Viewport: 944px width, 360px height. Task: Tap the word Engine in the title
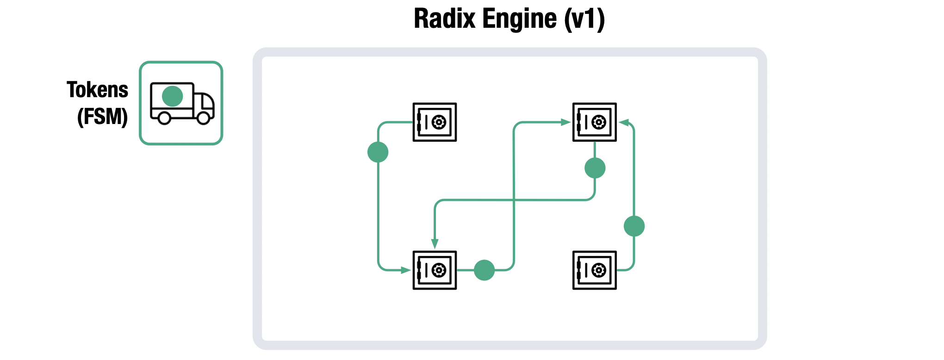click(519, 20)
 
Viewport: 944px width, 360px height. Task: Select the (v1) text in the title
click(584, 20)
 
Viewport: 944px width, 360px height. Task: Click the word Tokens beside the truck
click(97, 90)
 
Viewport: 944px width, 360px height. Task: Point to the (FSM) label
click(102, 116)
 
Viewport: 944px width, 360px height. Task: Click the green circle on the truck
click(173, 96)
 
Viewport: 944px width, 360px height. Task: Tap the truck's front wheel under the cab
click(203, 118)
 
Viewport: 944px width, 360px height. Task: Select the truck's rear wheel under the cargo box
click(164, 118)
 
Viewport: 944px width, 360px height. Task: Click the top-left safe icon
click(435, 122)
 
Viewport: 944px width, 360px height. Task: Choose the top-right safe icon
click(594, 122)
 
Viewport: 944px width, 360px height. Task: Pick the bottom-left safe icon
click(435, 270)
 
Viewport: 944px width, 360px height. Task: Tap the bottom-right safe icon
click(594, 270)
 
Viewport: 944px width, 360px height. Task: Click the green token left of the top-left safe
click(378, 152)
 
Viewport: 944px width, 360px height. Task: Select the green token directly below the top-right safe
click(595, 168)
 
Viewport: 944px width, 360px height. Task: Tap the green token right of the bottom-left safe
click(484, 270)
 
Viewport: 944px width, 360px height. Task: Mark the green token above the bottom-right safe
click(634, 226)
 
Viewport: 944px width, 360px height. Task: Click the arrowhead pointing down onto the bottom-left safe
click(435, 244)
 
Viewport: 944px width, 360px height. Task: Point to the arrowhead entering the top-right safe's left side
click(565, 122)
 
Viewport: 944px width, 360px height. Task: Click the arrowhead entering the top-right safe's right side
click(624, 123)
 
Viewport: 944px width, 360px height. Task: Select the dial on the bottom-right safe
click(599, 270)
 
